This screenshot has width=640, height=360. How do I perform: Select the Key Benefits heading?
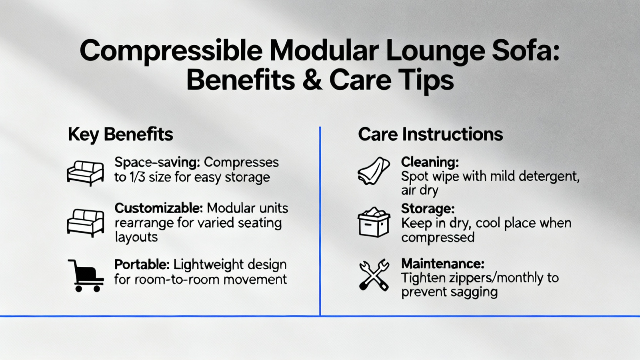click(120, 134)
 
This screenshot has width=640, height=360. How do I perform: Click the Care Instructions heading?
click(430, 134)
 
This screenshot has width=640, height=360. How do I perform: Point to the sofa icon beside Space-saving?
click(85, 173)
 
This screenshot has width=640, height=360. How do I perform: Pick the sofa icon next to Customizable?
click(85, 223)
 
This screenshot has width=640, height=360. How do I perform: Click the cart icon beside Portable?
click(86, 276)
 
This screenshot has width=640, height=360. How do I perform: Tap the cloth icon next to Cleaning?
click(374, 170)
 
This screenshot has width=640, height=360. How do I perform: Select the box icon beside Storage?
click(374, 222)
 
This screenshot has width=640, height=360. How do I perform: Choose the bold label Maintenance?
click(442, 264)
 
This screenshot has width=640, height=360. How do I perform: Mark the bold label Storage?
click(428, 208)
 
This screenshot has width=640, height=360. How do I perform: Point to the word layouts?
click(136, 238)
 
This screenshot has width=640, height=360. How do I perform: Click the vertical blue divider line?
click(320, 221)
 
